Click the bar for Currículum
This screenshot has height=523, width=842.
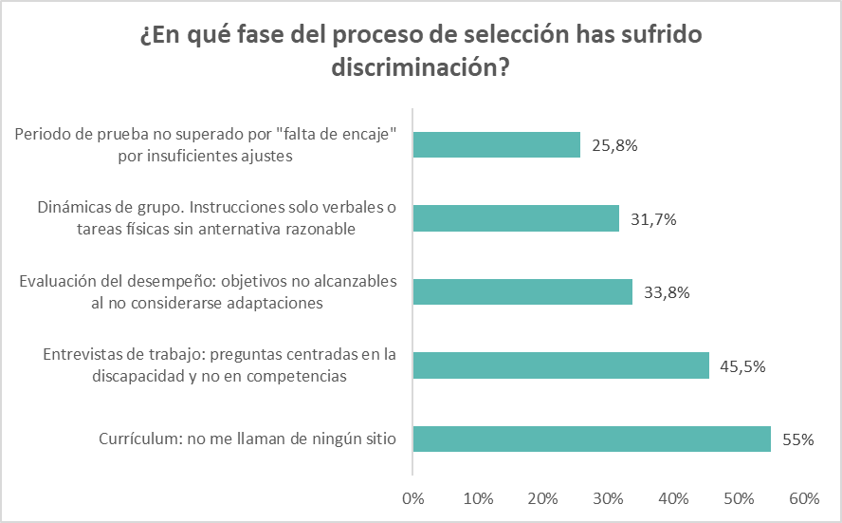tap(592, 439)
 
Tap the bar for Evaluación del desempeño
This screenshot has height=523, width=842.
tap(522, 291)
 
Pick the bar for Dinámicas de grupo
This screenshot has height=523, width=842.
tap(516, 218)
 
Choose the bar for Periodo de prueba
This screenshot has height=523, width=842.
tap(497, 145)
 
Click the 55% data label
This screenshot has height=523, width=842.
tap(798, 439)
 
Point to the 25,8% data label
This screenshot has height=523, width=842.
tap(614, 146)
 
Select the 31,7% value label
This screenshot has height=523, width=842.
tap(653, 219)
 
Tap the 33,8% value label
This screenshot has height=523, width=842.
tap(667, 292)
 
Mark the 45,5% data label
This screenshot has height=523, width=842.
tap(743, 365)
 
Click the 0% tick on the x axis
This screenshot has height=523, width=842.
tap(412, 498)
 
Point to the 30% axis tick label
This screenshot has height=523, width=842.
tap(608, 498)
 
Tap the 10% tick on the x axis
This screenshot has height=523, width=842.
tap(478, 498)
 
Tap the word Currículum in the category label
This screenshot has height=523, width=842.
tap(139, 439)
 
